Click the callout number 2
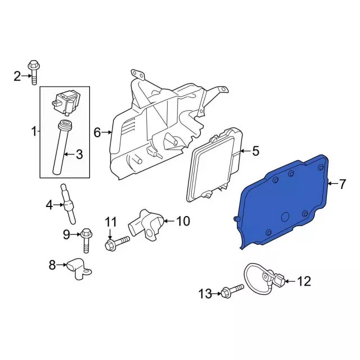coord(17,75)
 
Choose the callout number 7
coord(341,183)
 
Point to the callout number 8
coord(52,265)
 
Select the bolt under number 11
coord(116,243)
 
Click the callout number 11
coord(110,221)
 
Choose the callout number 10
coord(183,221)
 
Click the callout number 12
coord(303,281)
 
